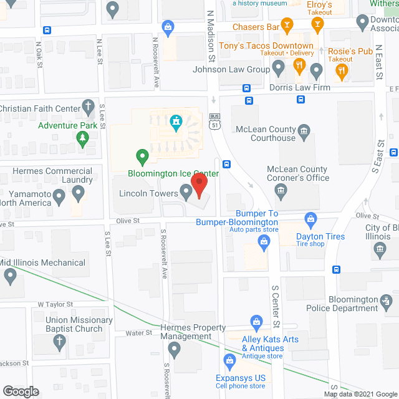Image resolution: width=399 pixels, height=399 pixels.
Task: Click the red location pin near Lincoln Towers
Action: pyautogui.click(x=199, y=186)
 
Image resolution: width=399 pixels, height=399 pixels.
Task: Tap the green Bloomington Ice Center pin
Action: pyautogui.click(x=142, y=155)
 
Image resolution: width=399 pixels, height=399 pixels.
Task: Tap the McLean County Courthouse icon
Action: pyautogui.click(x=304, y=130)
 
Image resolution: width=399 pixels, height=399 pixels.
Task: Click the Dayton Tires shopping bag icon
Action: pyautogui.click(x=310, y=219)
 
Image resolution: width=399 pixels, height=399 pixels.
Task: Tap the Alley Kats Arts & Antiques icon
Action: pyautogui.click(x=256, y=322)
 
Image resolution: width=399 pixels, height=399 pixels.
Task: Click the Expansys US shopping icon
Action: pyautogui.click(x=229, y=360)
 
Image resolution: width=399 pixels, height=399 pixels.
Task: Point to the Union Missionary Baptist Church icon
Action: pyautogui.click(x=59, y=341)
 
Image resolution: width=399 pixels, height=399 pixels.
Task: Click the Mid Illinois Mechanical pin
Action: pyautogui.click(x=9, y=276)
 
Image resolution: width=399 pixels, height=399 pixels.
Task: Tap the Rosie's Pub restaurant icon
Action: pyautogui.click(x=340, y=72)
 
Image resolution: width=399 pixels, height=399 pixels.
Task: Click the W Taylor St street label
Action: pyautogui.click(x=55, y=304)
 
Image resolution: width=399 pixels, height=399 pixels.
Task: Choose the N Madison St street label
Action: pyautogui.click(x=211, y=39)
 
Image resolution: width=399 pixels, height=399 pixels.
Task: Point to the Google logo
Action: pyautogui.click(x=20, y=391)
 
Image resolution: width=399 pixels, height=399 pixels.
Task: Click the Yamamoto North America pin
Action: pyautogui.click(x=59, y=198)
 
